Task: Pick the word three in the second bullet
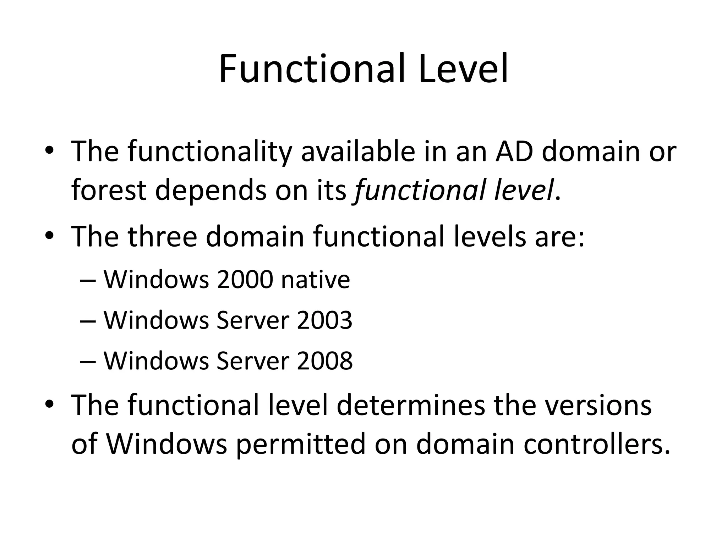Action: click(162, 237)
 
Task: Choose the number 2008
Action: click(324, 361)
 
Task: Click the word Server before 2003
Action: click(252, 320)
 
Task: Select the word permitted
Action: click(300, 445)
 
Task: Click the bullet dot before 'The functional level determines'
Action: click(49, 404)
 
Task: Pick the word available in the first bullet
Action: click(358, 152)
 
